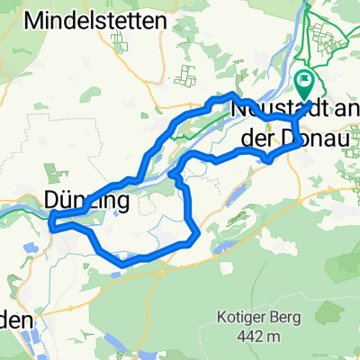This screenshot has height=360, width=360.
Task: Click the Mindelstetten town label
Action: click(x=88, y=19)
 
